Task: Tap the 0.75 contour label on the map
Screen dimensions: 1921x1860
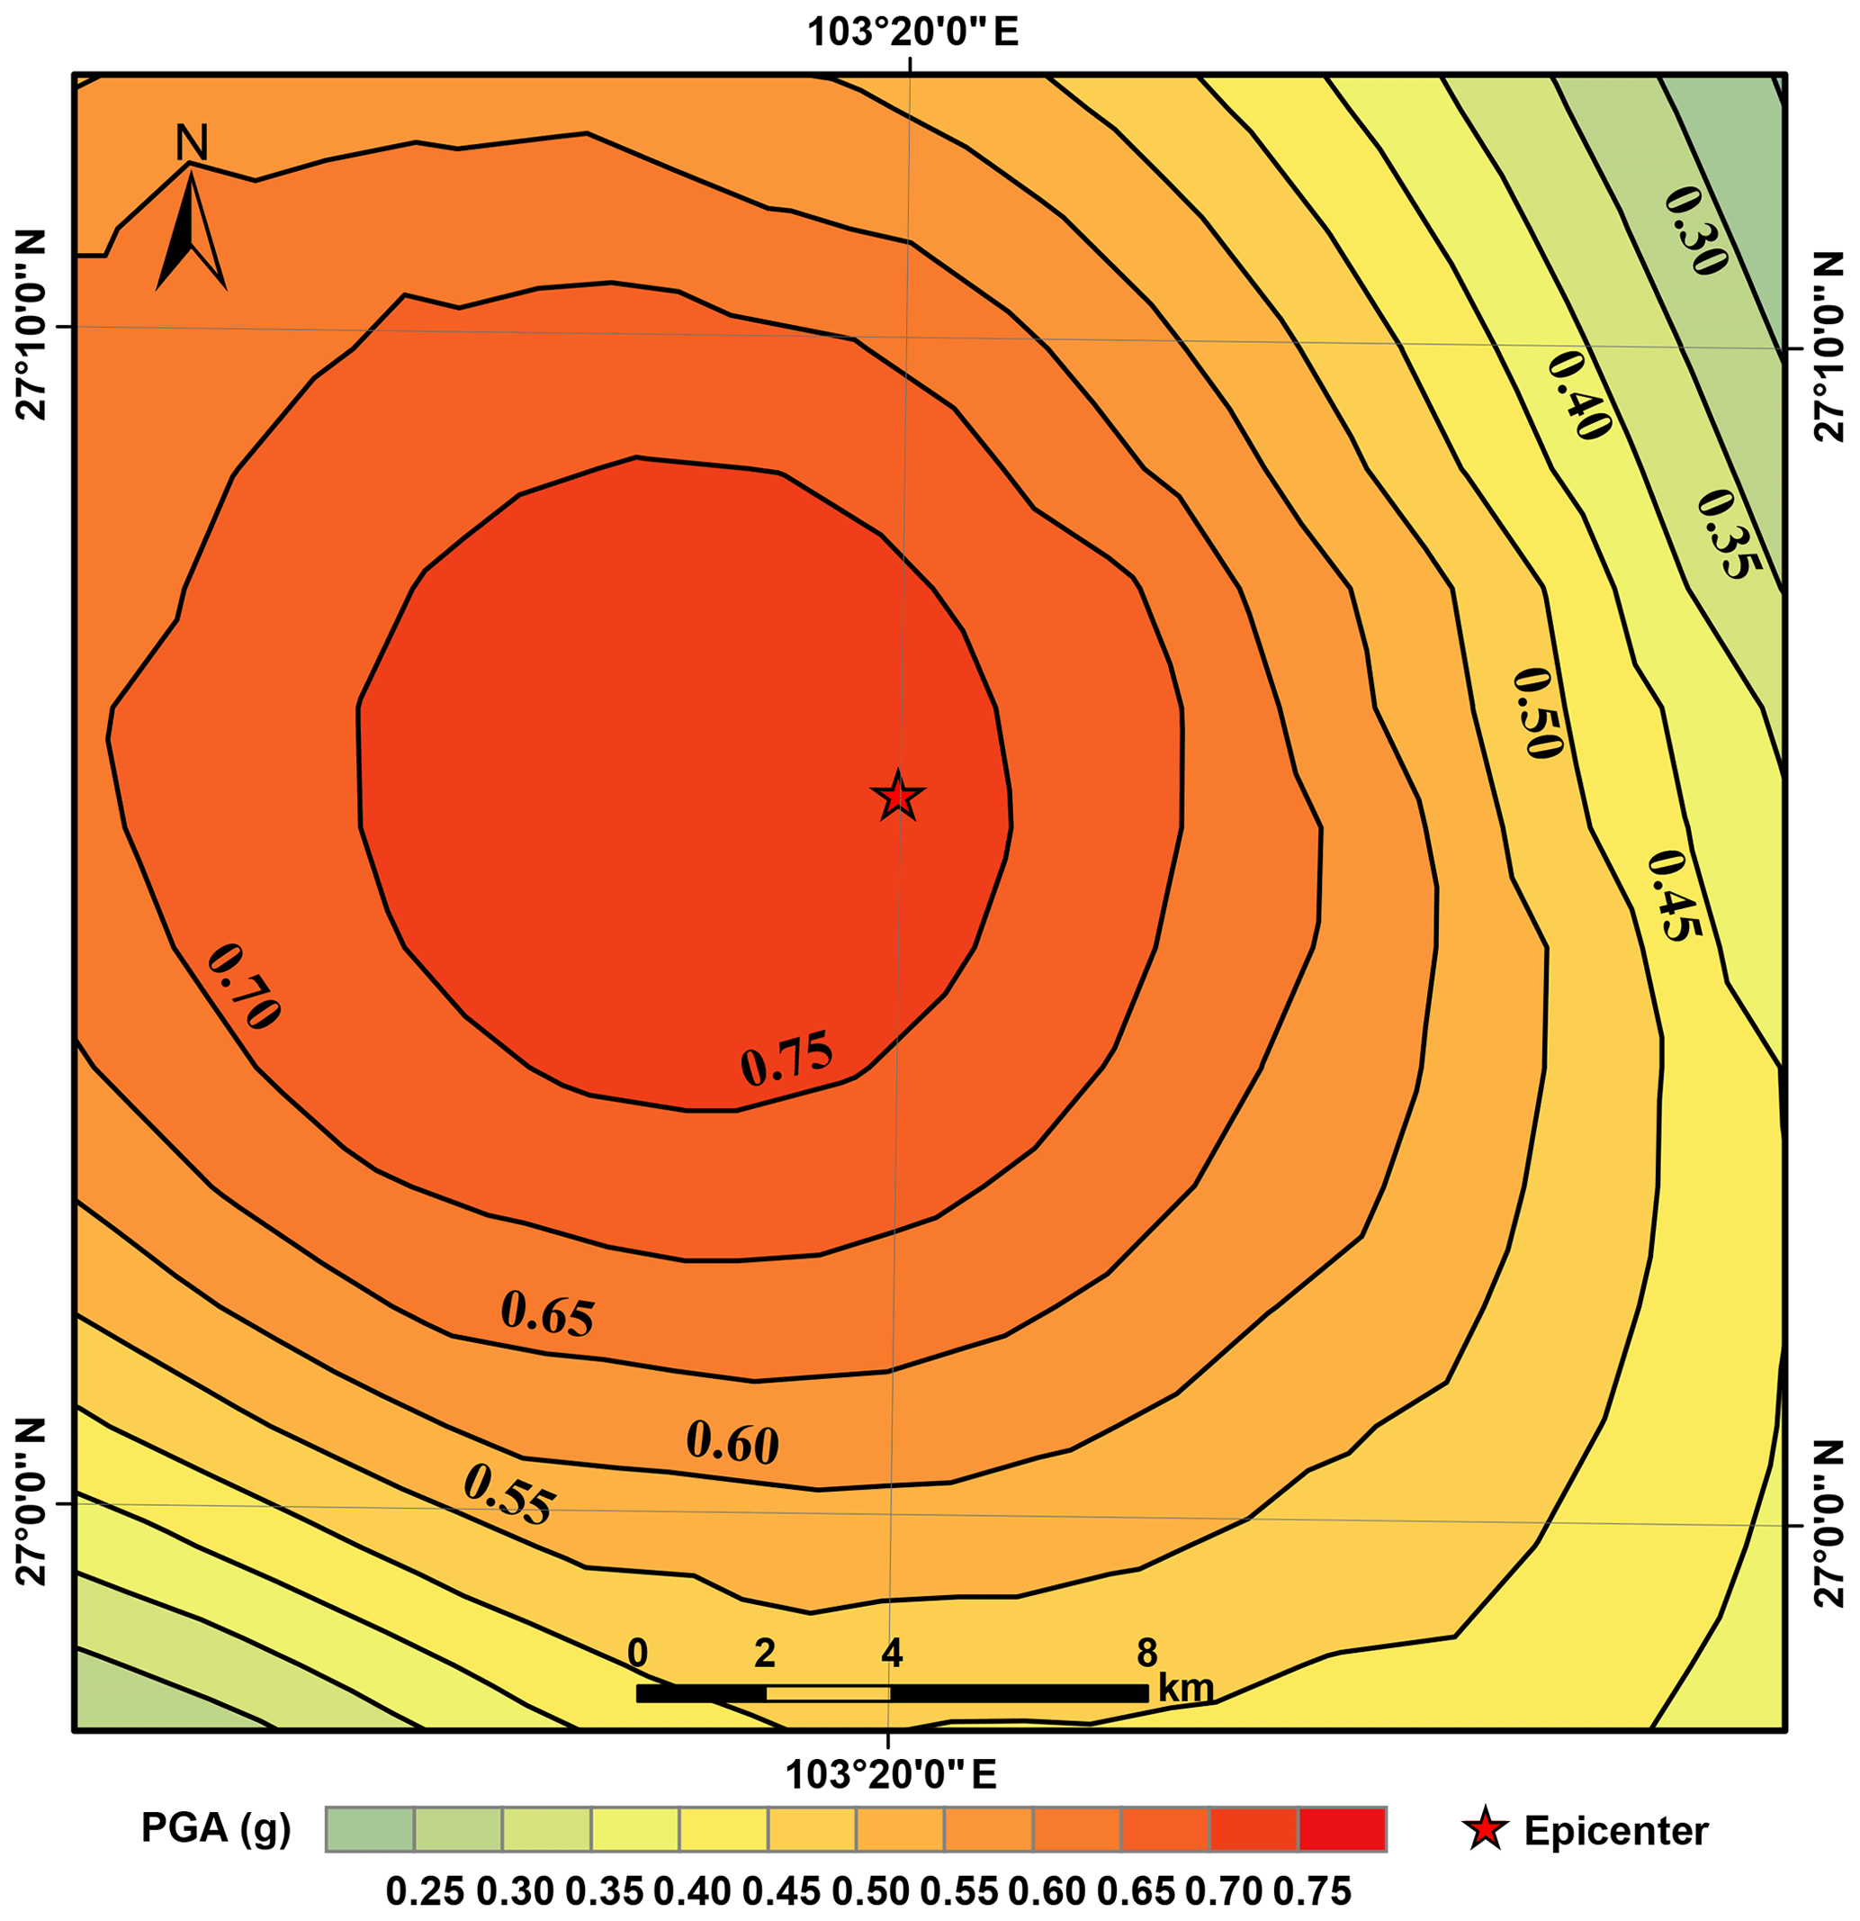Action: click(786, 1060)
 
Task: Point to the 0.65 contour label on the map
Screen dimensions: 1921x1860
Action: click(547, 1315)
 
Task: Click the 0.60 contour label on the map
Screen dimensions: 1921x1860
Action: click(732, 1442)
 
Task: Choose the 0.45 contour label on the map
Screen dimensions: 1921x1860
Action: click(1674, 895)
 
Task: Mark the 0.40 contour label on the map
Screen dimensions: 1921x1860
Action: click(1580, 395)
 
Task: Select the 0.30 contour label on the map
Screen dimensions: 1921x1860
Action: click(1695, 230)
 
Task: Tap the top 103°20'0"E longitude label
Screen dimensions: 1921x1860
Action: click(912, 32)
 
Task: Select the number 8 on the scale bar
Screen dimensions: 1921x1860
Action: click(1146, 1654)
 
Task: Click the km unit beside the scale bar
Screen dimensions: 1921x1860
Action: click(1186, 1688)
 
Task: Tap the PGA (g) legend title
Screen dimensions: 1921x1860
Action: click(217, 1829)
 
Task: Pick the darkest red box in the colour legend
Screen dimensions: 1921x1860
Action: click(1342, 1829)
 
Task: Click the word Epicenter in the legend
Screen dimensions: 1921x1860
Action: click(1616, 1831)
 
